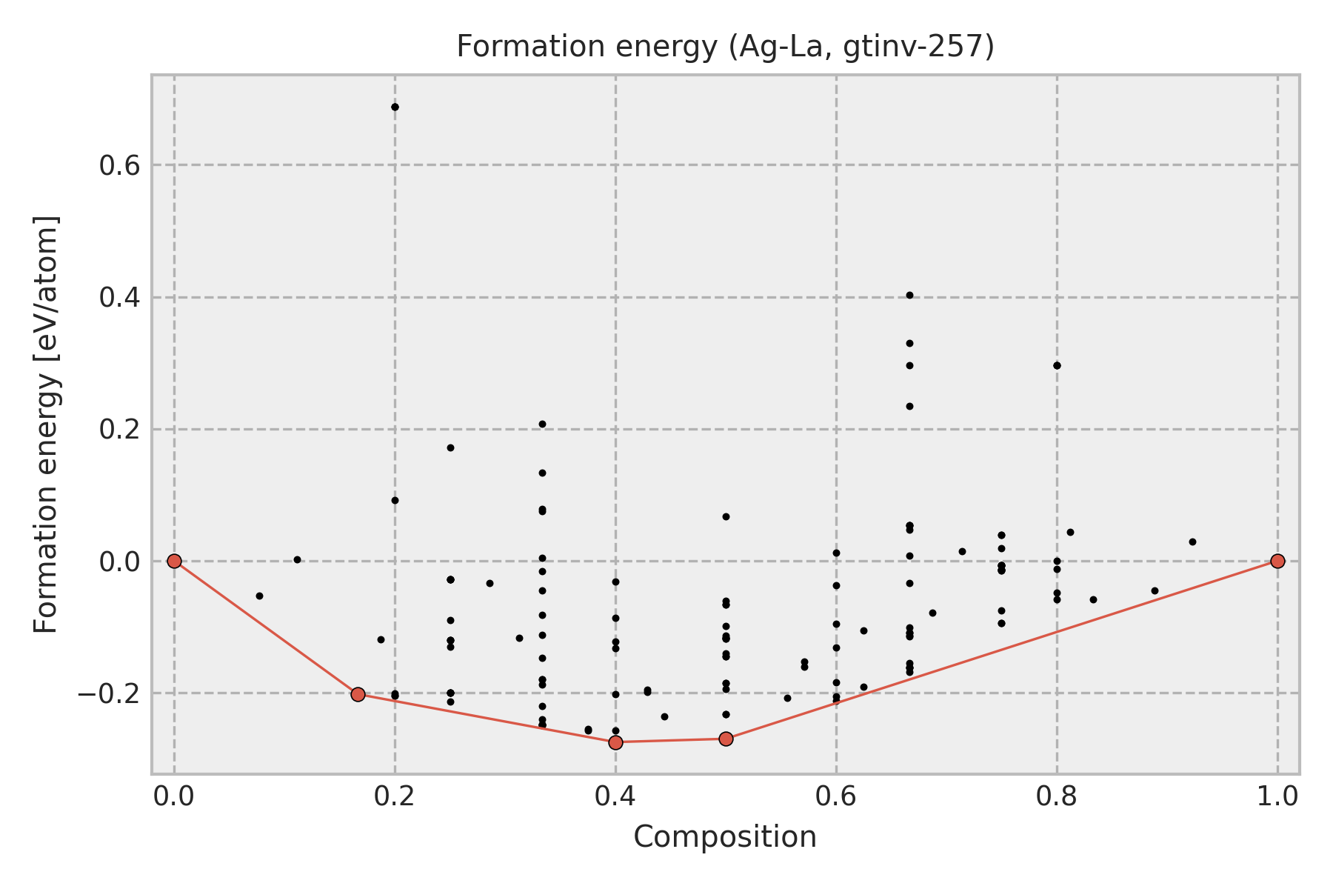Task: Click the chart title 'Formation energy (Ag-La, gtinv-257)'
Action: (x=725, y=47)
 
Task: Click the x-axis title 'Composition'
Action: (x=725, y=837)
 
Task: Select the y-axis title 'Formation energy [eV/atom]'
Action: (x=46, y=424)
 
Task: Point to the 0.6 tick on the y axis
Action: (x=120, y=165)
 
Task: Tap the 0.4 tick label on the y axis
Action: (x=120, y=298)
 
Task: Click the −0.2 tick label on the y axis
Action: (x=110, y=693)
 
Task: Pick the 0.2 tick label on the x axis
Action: (x=395, y=796)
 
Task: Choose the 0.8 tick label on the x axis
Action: (x=1057, y=796)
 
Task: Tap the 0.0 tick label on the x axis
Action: (x=174, y=796)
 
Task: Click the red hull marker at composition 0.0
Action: (x=174, y=561)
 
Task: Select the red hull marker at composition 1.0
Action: (x=1277, y=561)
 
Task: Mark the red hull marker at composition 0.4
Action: (x=615, y=742)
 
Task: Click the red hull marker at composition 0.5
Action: (x=726, y=739)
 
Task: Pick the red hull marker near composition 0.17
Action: (x=358, y=694)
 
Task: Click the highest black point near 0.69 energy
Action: (x=395, y=107)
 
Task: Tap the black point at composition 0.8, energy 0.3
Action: (x=1057, y=365)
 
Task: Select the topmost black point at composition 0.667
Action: (x=909, y=295)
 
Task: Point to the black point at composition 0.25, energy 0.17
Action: (x=450, y=447)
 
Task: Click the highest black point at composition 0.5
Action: (x=726, y=516)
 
